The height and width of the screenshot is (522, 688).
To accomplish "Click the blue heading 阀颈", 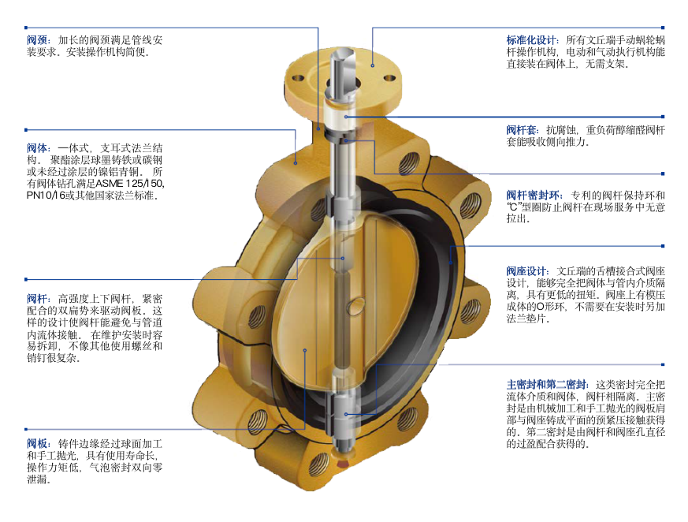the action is (38, 40).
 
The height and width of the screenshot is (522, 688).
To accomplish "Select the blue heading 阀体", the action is (38, 148).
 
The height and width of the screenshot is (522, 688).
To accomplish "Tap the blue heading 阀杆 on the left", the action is (38, 299).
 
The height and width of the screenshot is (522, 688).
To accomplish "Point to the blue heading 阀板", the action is (38, 444).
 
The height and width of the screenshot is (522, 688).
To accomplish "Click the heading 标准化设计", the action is (532, 40).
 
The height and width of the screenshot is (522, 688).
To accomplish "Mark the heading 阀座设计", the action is (527, 271).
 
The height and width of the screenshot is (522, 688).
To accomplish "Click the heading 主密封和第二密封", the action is (547, 385).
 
